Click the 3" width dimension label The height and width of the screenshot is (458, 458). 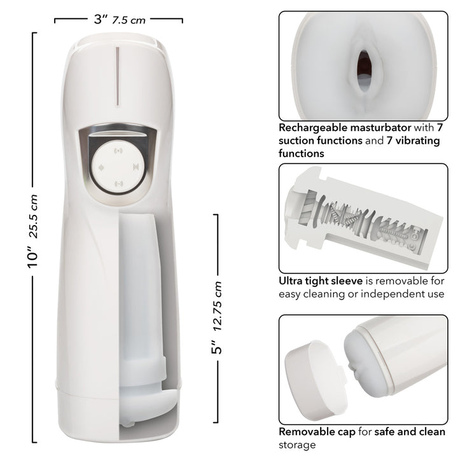(x=101, y=18)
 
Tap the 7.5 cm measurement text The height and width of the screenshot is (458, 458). (x=129, y=20)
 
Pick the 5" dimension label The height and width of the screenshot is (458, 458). (x=218, y=348)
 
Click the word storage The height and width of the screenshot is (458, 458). (x=297, y=445)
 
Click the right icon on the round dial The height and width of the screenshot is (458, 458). (x=134, y=167)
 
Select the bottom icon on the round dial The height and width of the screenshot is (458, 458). (x=118, y=184)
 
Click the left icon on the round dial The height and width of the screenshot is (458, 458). (x=101, y=167)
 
